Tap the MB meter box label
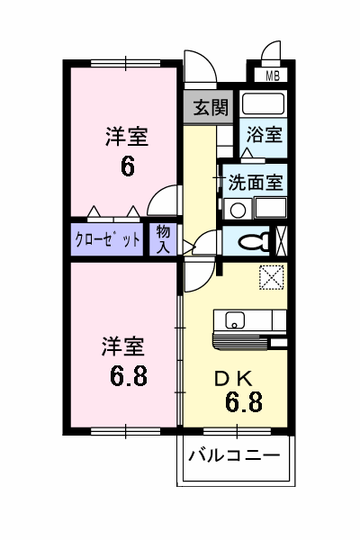click(x=272, y=76)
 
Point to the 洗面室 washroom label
click(x=255, y=181)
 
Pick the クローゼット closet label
click(x=107, y=239)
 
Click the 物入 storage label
click(x=164, y=238)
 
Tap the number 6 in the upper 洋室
click(x=127, y=168)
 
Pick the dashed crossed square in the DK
click(x=270, y=279)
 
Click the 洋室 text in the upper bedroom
click(x=126, y=138)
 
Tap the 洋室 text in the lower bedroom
click(x=122, y=345)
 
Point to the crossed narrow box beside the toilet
click(x=283, y=241)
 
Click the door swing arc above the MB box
click(x=271, y=52)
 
